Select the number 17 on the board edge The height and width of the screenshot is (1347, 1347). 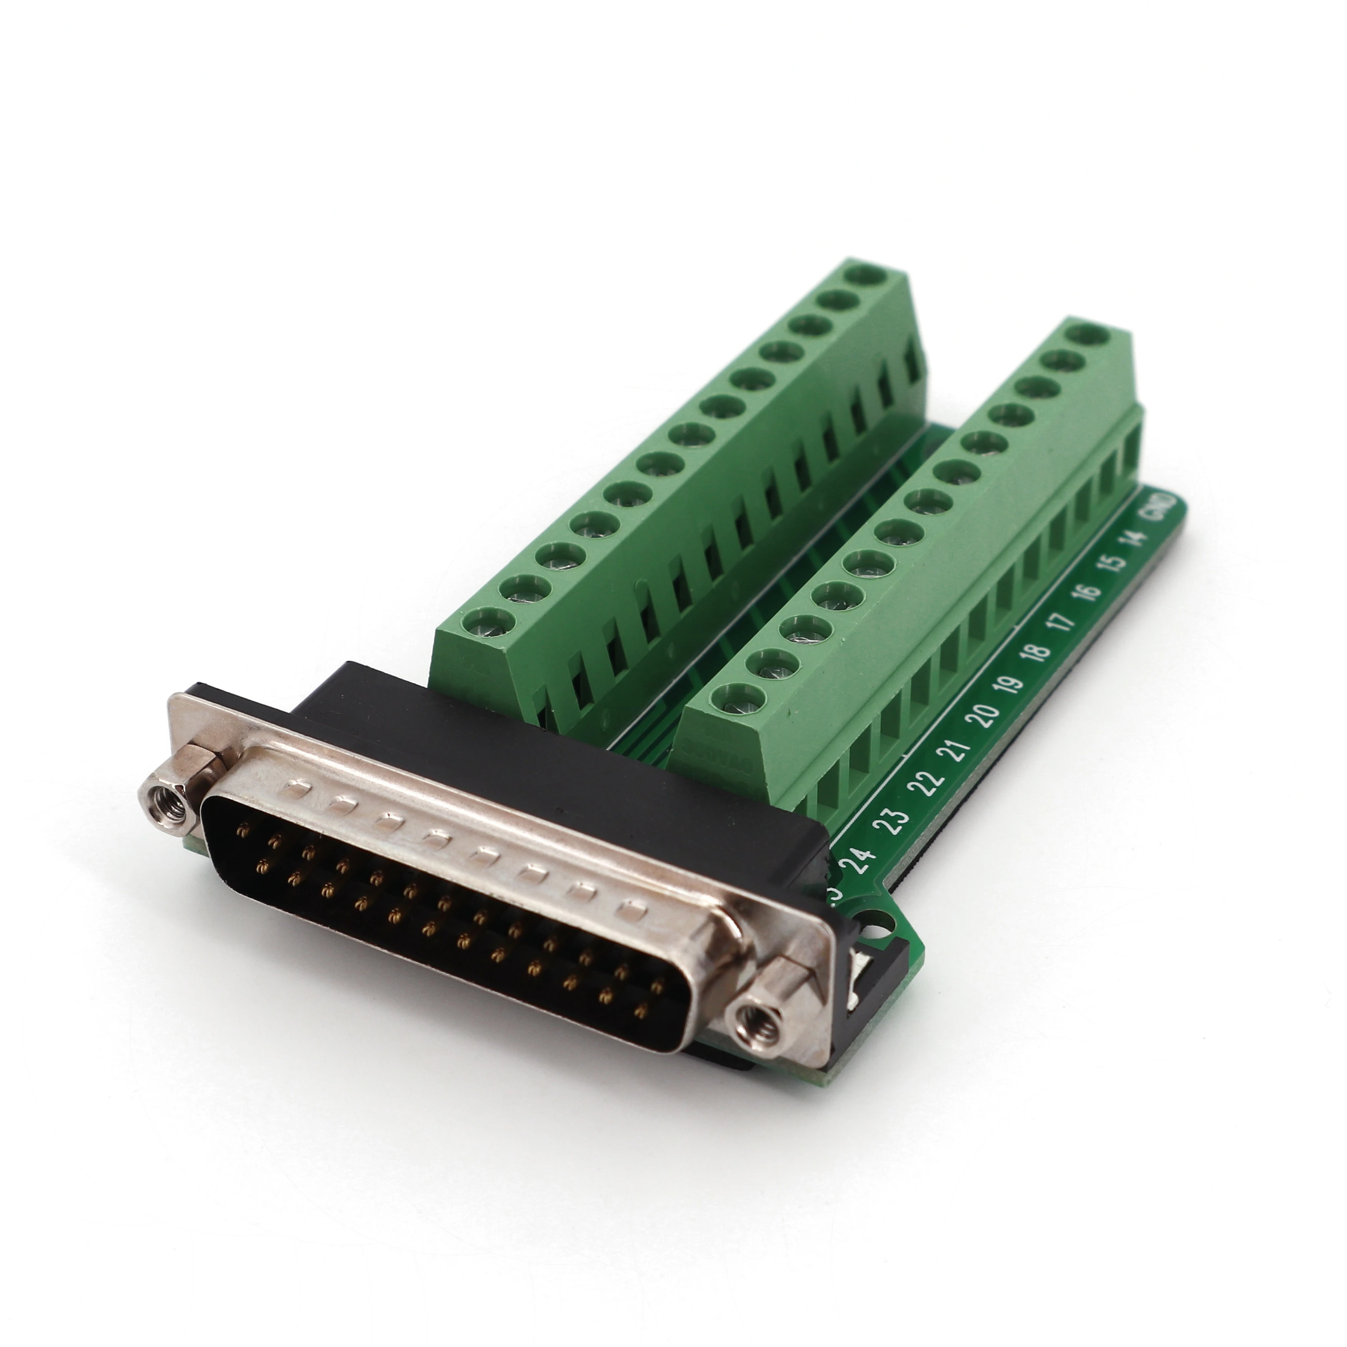[x=1062, y=620]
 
